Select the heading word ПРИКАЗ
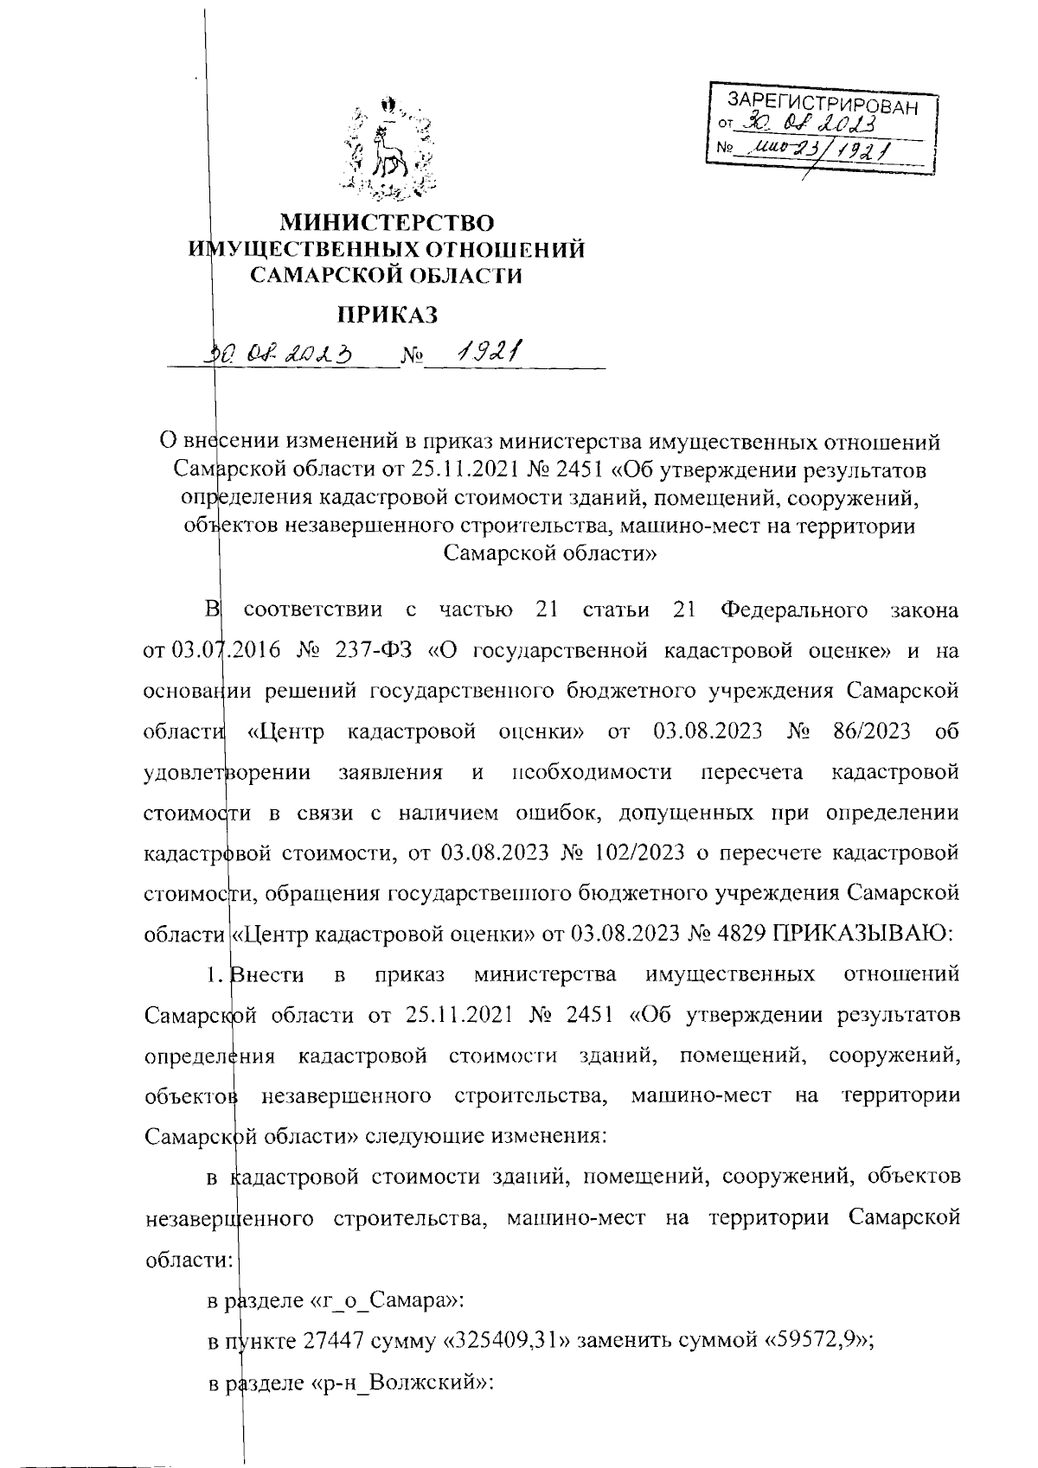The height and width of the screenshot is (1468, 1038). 388,314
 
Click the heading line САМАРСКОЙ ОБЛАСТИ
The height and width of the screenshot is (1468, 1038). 387,276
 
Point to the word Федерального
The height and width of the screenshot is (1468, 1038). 793,610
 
